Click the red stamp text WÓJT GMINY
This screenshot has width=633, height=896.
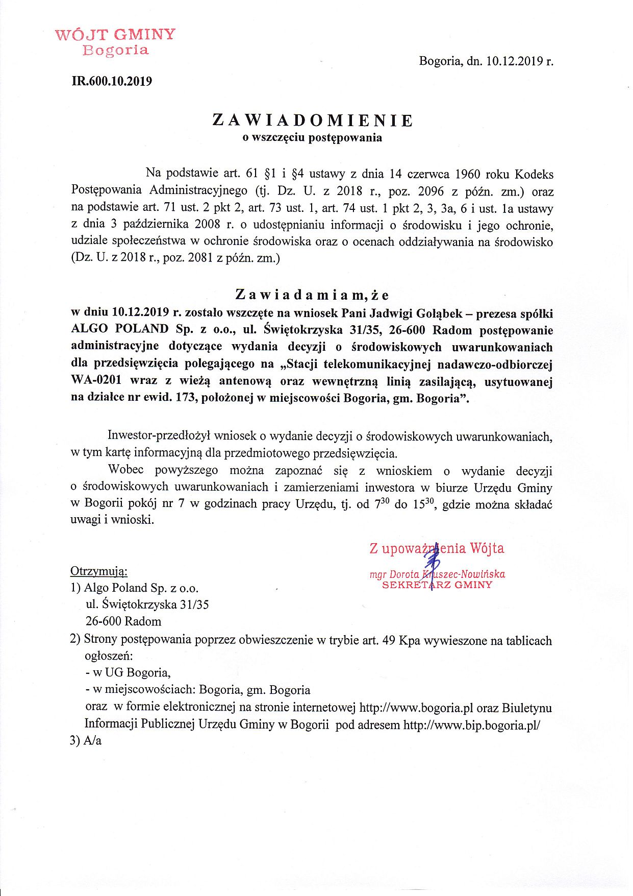pyautogui.click(x=115, y=35)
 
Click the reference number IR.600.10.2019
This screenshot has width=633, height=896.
pyautogui.click(x=112, y=81)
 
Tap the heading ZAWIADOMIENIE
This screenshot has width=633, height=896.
pyautogui.click(x=312, y=120)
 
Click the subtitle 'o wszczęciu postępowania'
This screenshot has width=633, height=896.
pyautogui.click(x=312, y=137)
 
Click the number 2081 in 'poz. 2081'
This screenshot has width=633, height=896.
pyautogui.click(x=200, y=258)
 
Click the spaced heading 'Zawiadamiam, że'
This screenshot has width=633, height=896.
pyautogui.click(x=312, y=295)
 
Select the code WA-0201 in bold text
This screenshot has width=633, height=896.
pyautogui.click(x=97, y=381)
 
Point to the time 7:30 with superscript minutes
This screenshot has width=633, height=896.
pyautogui.click(x=382, y=504)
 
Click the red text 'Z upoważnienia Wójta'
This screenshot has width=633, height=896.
pyautogui.click(x=437, y=548)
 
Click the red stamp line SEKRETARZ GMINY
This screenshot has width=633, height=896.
pyautogui.click(x=437, y=585)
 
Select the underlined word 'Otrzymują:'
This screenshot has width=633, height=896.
pyautogui.click(x=99, y=571)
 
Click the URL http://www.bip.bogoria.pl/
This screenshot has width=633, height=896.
pyautogui.click(x=471, y=724)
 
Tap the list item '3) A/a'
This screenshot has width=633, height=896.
pyautogui.click(x=86, y=741)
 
